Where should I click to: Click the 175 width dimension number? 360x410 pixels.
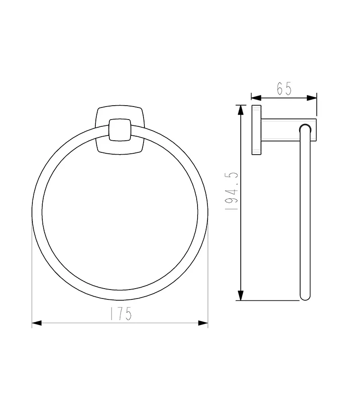120,313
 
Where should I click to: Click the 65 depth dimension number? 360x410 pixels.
284,89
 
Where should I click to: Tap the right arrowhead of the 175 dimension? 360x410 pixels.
203,323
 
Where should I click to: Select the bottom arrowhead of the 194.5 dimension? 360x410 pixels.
241,295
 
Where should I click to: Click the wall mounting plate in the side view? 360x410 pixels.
256,130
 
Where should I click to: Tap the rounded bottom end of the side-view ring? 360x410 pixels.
305,297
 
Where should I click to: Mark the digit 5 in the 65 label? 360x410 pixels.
289,89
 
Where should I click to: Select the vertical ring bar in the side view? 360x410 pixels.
305,211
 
